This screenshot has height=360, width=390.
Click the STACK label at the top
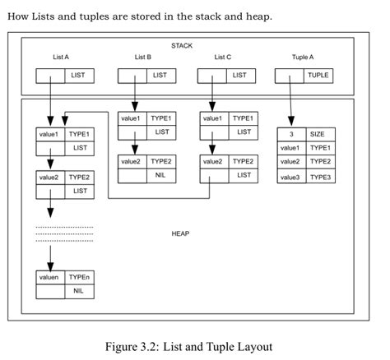click(182, 44)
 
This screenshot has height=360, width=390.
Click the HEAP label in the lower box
click(180, 233)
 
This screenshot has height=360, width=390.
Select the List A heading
click(60, 57)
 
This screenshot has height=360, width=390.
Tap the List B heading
click(142, 57)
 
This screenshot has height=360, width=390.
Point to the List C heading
click(223, 57)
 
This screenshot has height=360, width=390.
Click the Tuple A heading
click(303, 57)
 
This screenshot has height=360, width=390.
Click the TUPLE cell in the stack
click(318, 75)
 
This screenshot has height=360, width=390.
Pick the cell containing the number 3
click(291, 133)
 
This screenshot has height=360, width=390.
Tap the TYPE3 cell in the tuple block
click(318, 177)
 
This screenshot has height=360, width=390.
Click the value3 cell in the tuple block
click(290, 177)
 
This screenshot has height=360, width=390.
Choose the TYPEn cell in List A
click(79, 278)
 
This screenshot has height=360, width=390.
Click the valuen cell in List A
click(49, 278)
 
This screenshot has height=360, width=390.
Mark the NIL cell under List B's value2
click(160, 176)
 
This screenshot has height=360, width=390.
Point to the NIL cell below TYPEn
click(79, 292)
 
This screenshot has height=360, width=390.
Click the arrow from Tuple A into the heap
click(291, 103)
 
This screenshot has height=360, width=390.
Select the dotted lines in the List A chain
click(65, 233)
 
